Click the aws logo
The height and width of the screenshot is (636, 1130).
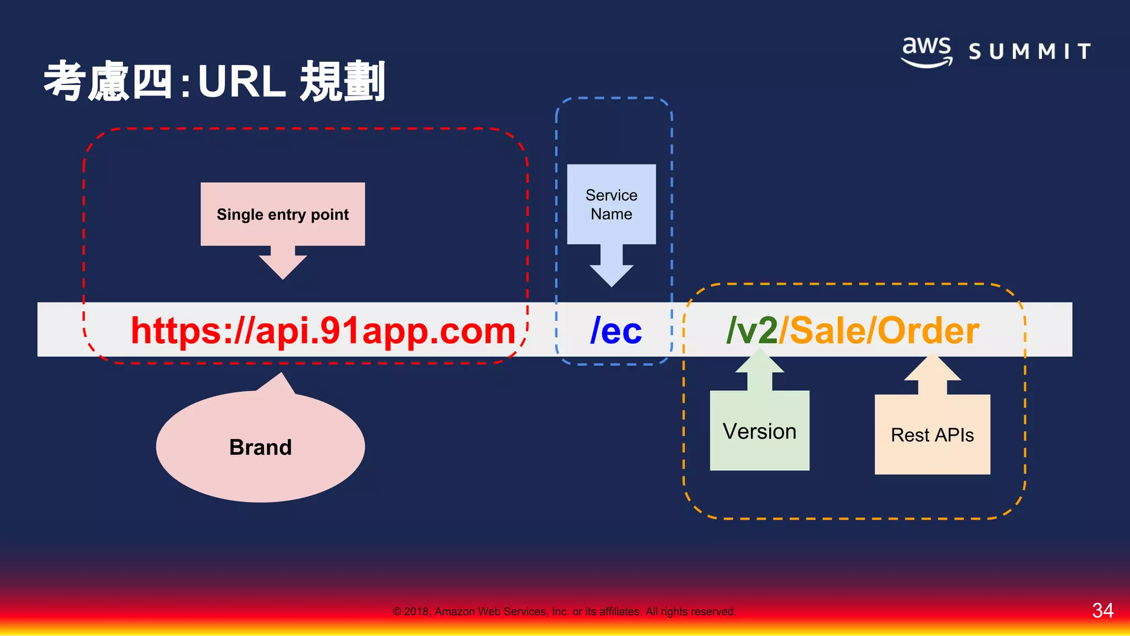coord(926,51)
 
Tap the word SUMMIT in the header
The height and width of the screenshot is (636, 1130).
coord(1030,52)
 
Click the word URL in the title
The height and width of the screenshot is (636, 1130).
coord(241,82)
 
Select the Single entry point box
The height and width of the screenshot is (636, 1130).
coord(282,214)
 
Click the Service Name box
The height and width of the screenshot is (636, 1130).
coord(611,204)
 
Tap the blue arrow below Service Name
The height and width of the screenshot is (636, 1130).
coord(611,268)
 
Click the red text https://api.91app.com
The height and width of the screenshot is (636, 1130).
coord(323,331)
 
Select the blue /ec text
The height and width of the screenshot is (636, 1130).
coord(616,331)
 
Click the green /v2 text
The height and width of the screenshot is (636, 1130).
coord(751,331)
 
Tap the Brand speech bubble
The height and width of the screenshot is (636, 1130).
coord(260,447)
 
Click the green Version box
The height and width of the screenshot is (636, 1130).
coord(759,431)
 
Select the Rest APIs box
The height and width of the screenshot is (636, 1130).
coord(932,434)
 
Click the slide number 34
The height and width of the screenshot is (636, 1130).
coord(1102,610)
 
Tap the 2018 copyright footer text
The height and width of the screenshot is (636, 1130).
coord(564,611)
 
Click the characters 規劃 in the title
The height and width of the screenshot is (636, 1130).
coord(342,82)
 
